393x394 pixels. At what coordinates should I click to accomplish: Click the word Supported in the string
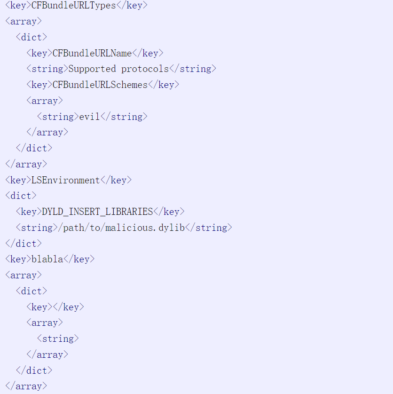coord(92,69)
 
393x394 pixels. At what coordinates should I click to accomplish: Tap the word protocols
coord(145,69)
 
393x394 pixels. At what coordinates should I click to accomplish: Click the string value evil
coord(89,117)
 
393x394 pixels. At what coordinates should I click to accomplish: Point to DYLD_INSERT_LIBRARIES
coord(97,212)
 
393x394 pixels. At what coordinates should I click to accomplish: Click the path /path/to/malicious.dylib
coord(121,228)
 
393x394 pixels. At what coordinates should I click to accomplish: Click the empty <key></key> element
coord(55,307)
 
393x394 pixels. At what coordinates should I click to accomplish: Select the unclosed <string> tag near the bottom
coord(58,339)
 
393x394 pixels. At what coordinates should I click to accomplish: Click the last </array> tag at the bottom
coord(26,386)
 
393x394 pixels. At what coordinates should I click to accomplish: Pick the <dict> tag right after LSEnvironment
coord(21,196)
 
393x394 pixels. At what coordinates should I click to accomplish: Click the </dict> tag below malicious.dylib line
coord(24,244)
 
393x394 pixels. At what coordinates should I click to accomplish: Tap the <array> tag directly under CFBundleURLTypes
coord(24,21)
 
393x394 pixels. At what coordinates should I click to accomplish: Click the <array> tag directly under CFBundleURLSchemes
coord(45,101)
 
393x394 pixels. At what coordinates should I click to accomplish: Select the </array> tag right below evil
coord(47,132)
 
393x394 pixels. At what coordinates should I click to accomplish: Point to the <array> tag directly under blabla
coord(24,275)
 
